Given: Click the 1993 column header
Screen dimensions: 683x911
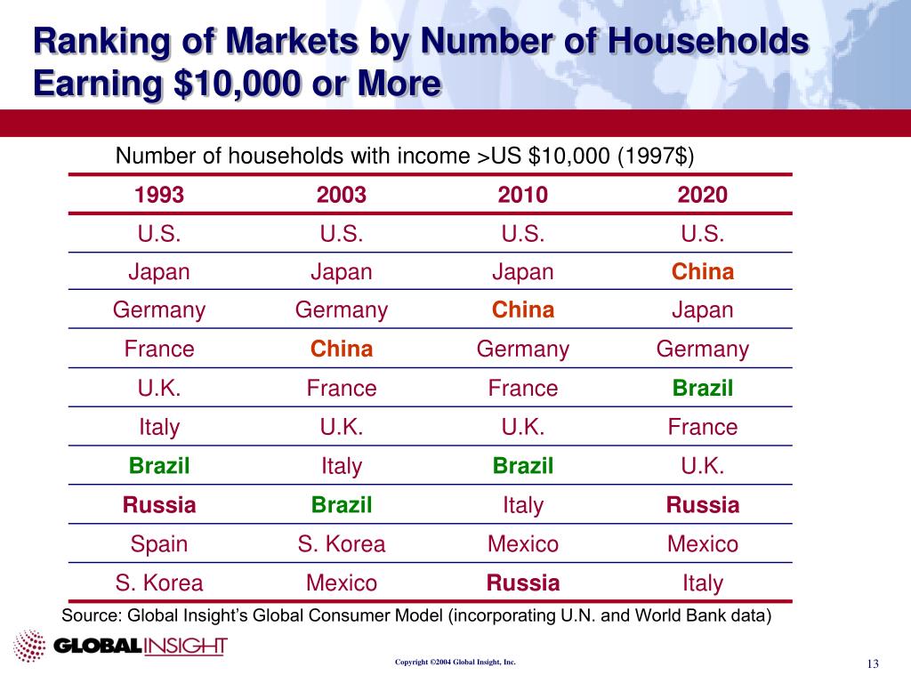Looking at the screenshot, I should [159, 195].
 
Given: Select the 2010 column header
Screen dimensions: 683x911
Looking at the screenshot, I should [523, 195].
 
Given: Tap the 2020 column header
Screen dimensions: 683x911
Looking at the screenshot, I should [702, 195].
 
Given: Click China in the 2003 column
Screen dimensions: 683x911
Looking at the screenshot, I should [342, 350].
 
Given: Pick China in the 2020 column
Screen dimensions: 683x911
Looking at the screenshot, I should [702, 271].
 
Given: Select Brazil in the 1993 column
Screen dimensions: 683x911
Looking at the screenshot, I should [159, 466].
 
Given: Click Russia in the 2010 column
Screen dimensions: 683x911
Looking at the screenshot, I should [523, 583].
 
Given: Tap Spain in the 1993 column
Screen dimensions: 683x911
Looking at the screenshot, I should [159, 544].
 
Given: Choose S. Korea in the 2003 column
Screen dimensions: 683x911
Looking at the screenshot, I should [342, 544].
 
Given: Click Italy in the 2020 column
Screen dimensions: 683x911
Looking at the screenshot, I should [702, 583].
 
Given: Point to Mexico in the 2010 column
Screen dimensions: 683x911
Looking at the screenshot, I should [523, 544].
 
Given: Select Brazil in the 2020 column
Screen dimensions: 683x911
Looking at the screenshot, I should [702, 389].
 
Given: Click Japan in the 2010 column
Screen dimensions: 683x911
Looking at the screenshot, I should [523, 271].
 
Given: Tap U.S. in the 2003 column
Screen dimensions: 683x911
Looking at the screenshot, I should [342, 233].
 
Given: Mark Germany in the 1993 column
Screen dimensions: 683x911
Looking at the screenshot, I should [159, 310].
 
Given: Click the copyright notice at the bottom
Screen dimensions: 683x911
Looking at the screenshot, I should [455, 663].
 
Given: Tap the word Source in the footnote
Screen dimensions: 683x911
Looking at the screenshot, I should [89, 615].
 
